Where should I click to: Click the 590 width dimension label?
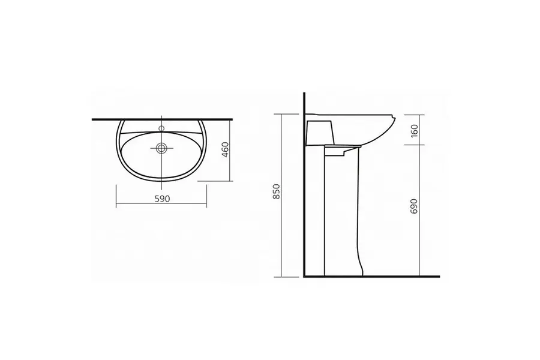click(x=162, y=199)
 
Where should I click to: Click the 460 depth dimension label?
click(x=225, y=149)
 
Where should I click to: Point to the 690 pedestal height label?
click(x=414, y=206)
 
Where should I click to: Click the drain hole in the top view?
click(x=161, y=148)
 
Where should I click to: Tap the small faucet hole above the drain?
click(x=161, y=128)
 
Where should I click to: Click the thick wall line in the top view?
click(x=162, y=119)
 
